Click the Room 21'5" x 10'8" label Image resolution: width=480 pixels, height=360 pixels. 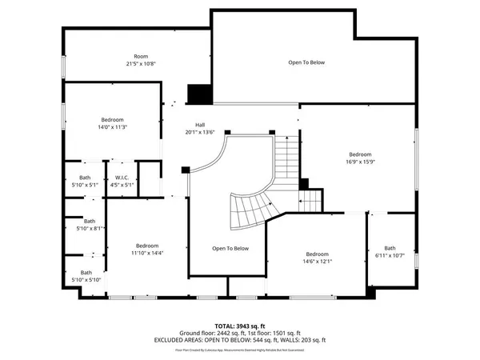[141, 60]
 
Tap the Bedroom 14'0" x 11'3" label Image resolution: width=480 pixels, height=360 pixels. [112, 122]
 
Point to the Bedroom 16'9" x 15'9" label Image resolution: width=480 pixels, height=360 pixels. [360, 158]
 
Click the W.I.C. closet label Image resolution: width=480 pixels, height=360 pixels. [122, 182]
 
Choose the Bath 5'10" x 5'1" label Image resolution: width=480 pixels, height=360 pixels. [85, 182]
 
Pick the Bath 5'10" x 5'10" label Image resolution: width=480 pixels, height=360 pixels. [85, 276]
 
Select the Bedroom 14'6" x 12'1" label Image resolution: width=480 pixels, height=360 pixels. [317, 258]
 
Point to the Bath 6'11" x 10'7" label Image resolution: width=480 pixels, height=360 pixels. [390, 252]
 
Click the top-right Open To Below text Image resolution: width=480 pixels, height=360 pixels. [306, 62]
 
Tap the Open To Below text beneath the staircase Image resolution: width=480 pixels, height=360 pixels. [230, 248]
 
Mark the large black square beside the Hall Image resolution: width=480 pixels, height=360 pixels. [198, 94]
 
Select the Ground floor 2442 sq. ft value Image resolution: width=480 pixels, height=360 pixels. [208, 332]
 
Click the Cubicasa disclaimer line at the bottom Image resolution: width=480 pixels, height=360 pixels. [239, 350]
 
